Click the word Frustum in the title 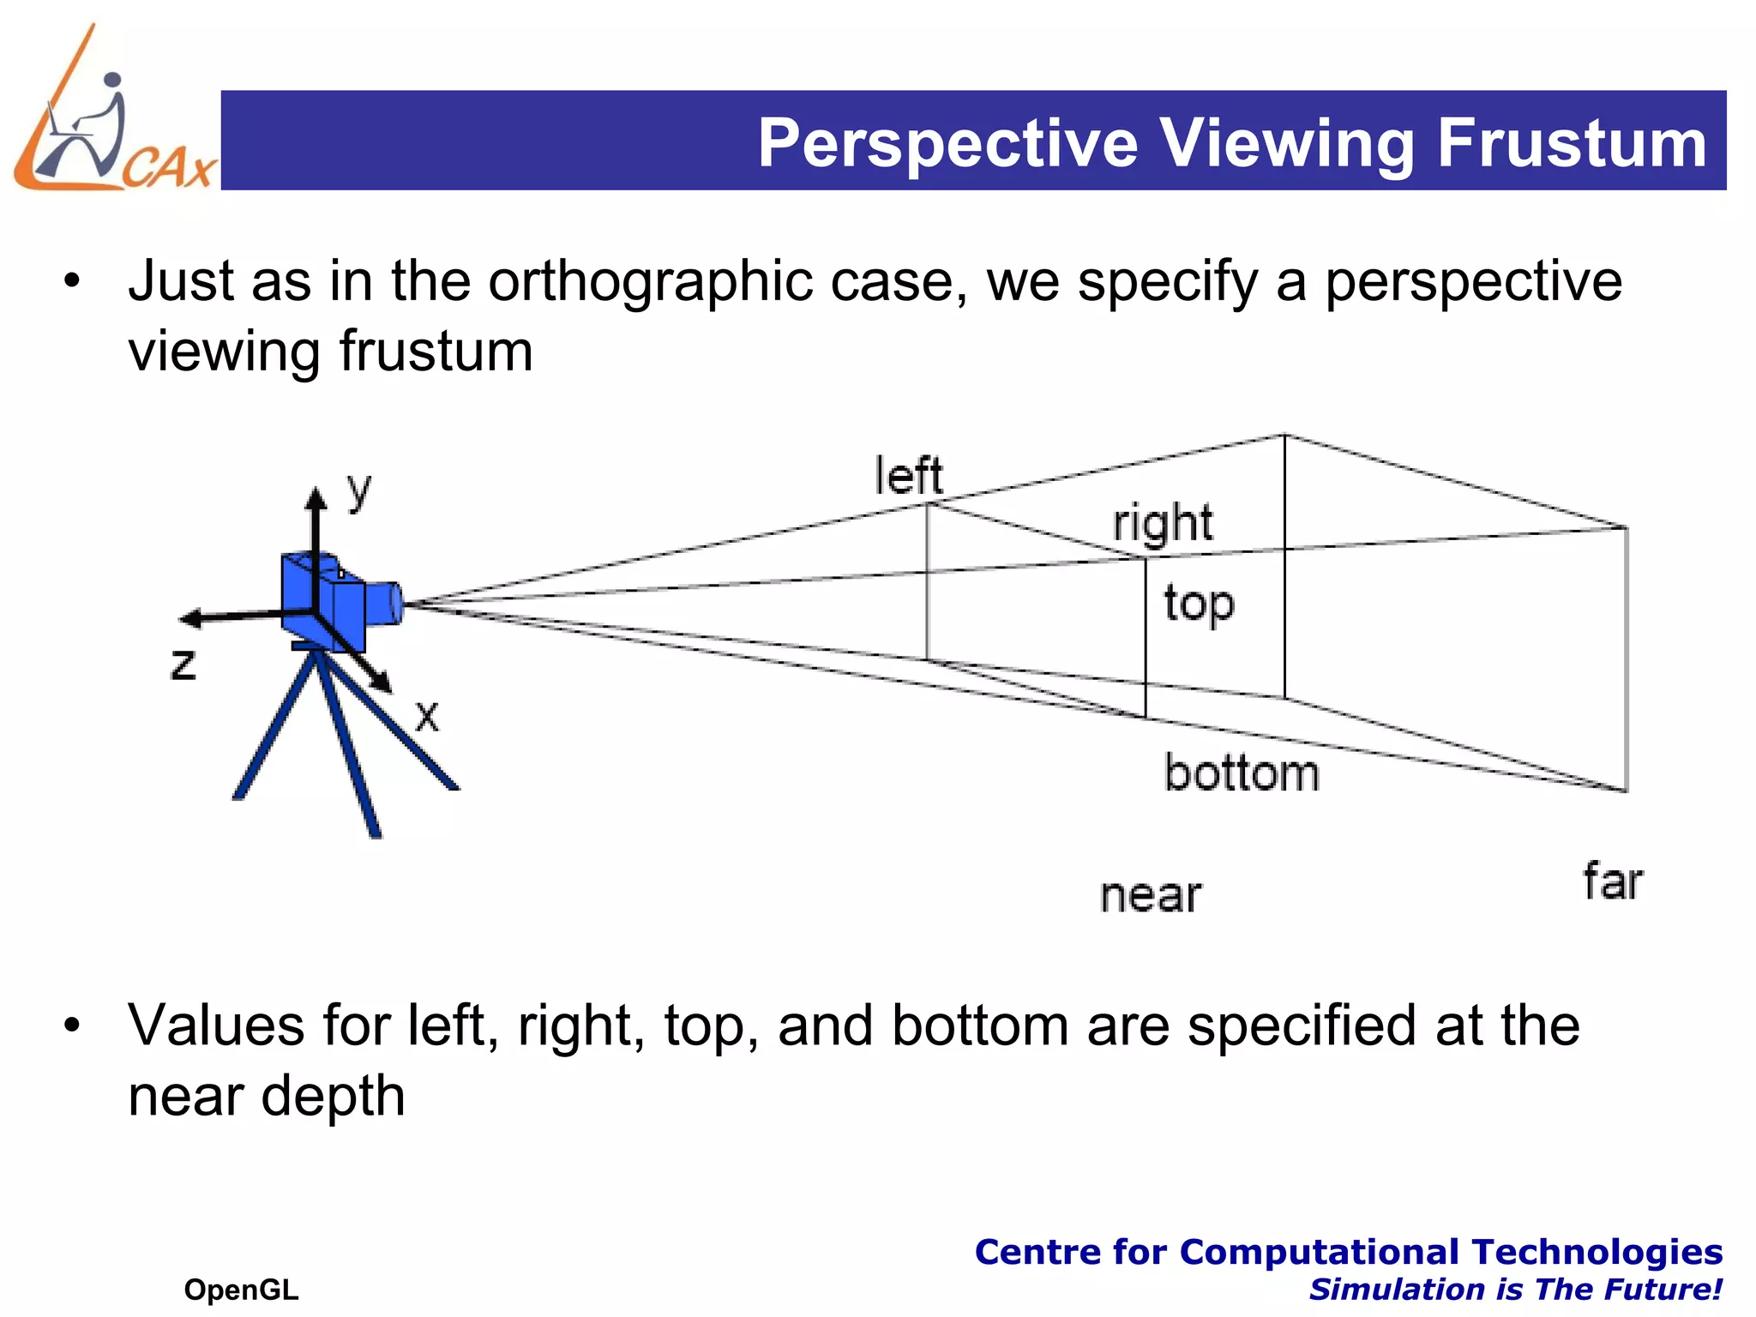1572,143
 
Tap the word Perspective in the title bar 947,143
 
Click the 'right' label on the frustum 1163,524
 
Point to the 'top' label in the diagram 1199,604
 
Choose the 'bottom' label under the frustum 1241,773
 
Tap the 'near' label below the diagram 1151,896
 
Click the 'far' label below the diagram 1612,882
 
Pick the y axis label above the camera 359,491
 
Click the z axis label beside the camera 183,665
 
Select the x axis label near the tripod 427,715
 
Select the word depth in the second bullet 333,1096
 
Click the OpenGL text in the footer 241,1290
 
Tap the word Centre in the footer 1038,1252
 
